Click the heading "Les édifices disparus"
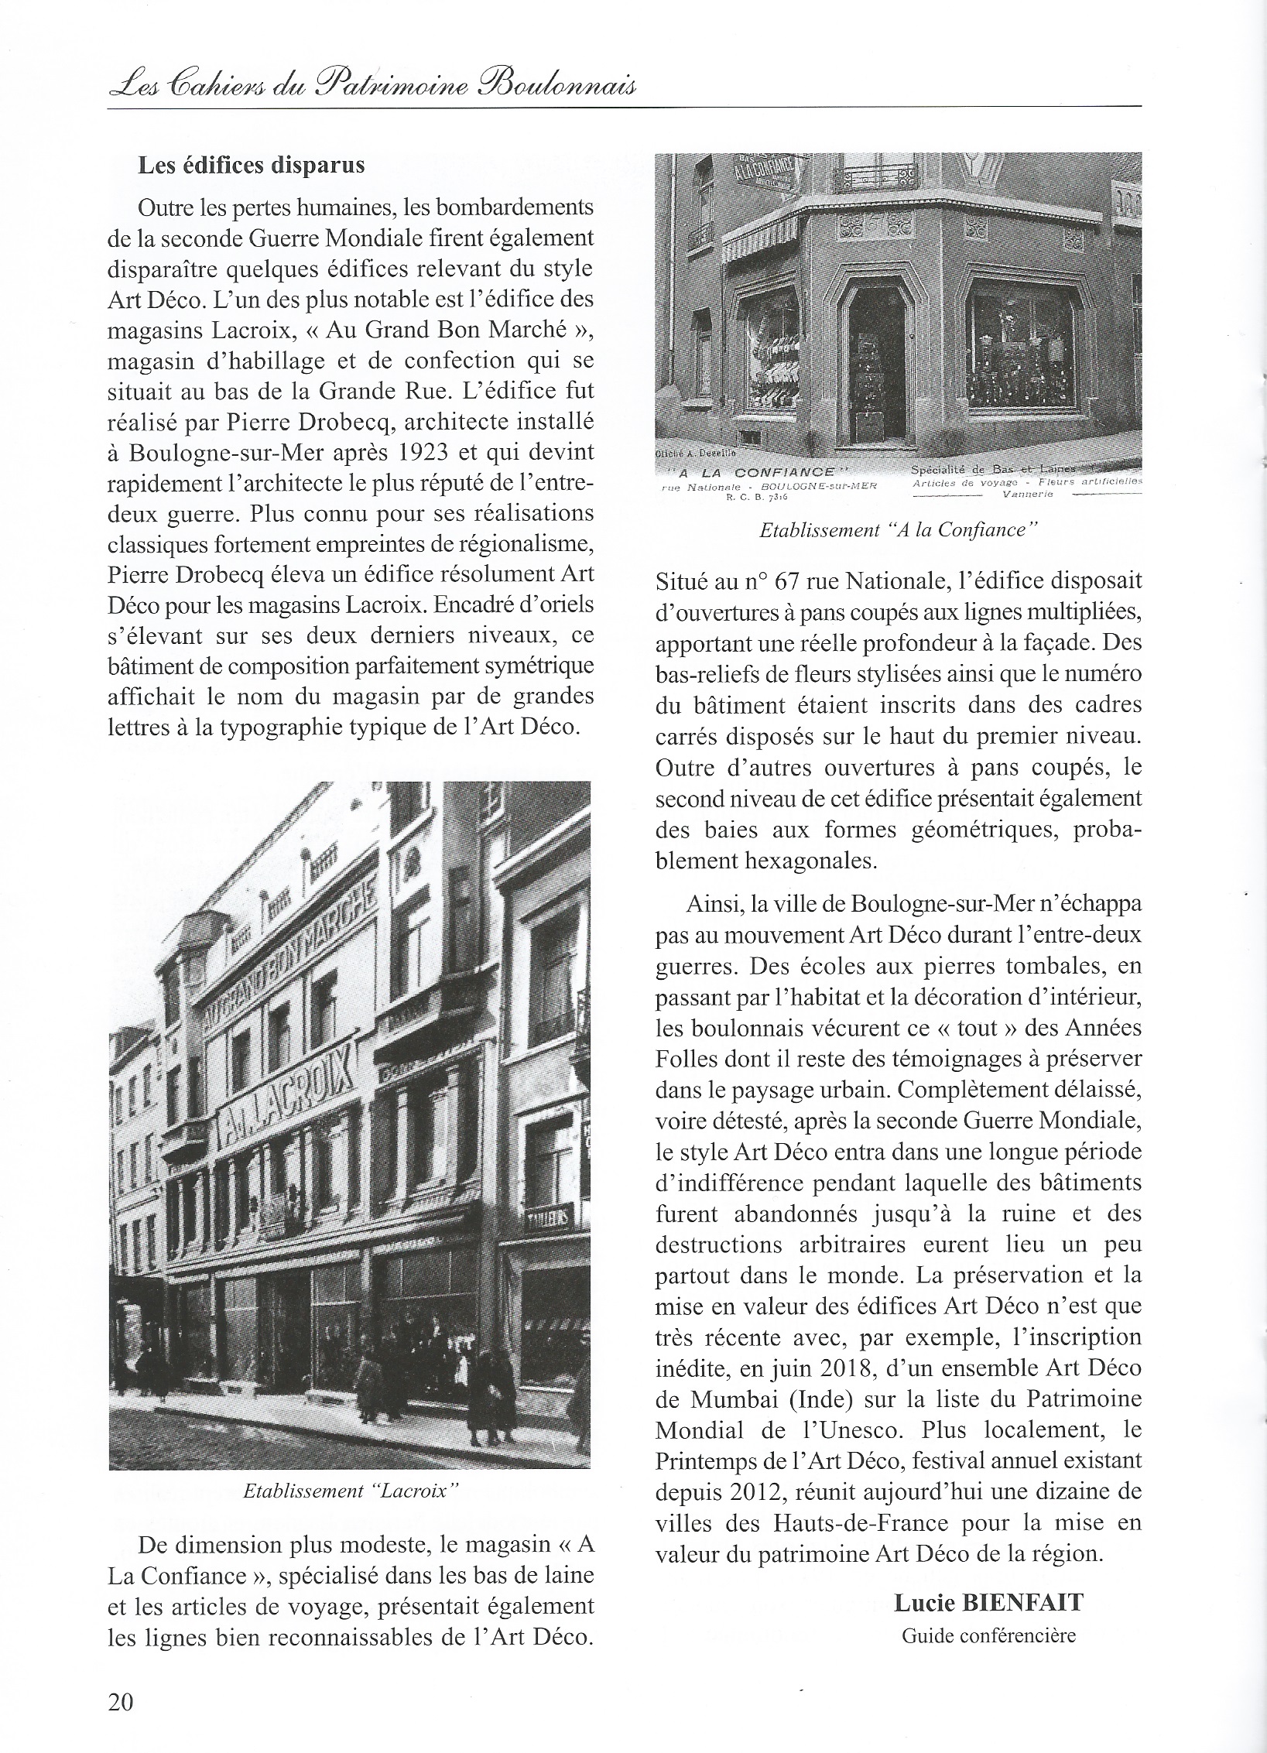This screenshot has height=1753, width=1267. pyautogui.click(x=251, y=166)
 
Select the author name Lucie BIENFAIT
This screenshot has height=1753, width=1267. pyautogui.click(x=988, y=1603)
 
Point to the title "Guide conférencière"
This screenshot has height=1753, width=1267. pyautogui.click(x=988, y=1636)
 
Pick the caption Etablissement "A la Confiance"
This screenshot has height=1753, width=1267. pyautogui.click(x=898, y=530)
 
